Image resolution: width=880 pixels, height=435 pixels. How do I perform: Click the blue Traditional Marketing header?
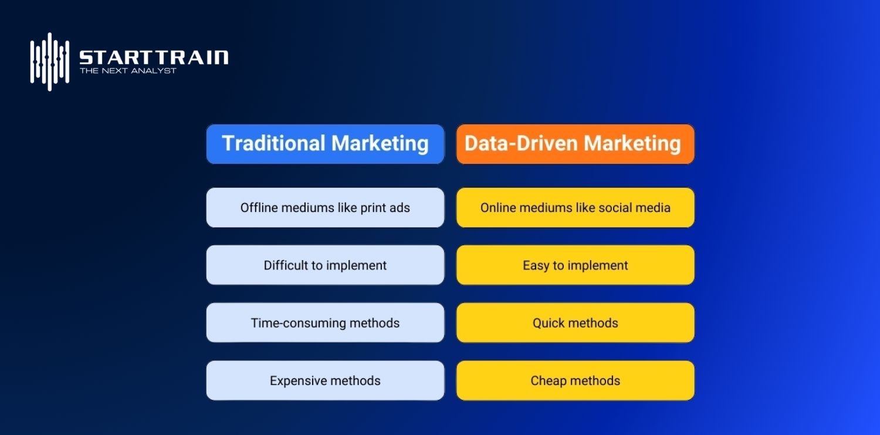[x=325, y=144]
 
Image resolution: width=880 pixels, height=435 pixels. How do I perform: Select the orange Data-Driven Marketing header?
[x=575, y=144]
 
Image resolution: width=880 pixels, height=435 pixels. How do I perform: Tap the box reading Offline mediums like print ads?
[x=325, y=208]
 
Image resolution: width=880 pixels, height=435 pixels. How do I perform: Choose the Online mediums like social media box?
[x=575, y=208]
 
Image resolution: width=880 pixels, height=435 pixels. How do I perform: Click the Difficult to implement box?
[x=325, y=265]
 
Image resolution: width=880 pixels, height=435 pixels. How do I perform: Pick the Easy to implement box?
[x=575, y=265]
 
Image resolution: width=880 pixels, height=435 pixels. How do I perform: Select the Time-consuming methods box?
[x=325, y=323]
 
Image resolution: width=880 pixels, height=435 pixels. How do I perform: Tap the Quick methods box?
[x=575, y=323]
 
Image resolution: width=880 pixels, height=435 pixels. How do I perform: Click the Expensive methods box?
[x=325, y=381]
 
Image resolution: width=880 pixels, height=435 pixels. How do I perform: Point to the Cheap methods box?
[x=575, y=381]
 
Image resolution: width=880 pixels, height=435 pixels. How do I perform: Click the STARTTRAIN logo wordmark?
[x=154, y=57]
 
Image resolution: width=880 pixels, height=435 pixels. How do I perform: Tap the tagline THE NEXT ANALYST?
[x=128, y=71]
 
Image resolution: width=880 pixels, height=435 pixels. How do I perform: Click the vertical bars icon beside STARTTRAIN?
[x=50, y=62]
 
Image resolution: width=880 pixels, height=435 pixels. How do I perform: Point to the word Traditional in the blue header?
[x=273, y=144]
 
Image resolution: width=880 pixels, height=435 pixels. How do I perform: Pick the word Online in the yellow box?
[x=497, y=208]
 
